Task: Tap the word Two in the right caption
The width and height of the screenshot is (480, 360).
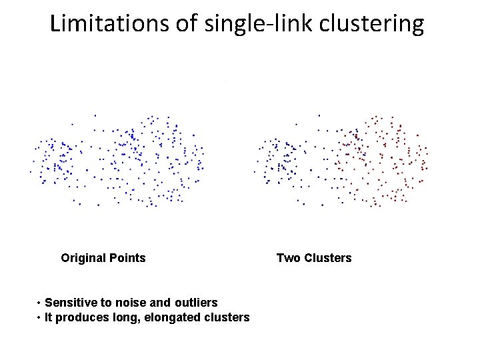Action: tap(288, 258)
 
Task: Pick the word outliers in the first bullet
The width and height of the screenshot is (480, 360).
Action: tap(196, 303)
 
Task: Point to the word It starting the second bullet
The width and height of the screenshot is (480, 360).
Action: tap(49, 317)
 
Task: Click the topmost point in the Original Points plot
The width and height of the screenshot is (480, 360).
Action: tap(95, 115)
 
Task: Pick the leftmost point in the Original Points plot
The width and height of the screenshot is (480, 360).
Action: tap(30, 172)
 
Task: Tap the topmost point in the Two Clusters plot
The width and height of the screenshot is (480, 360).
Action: tap(319, 115)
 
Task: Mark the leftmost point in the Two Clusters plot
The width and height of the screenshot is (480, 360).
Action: tap(254, 172)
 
